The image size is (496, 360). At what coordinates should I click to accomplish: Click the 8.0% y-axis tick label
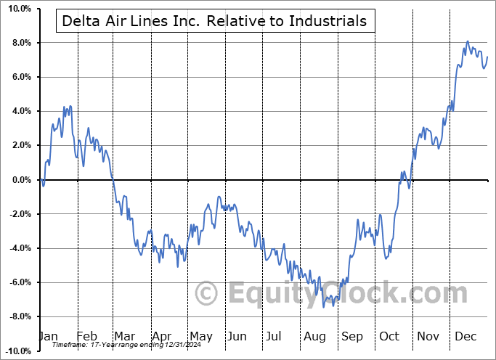[20, 43]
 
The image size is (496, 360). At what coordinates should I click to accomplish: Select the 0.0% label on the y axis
[20, 180]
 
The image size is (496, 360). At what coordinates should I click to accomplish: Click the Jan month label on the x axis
[47, 336]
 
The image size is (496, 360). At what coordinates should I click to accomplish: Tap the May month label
[200, 336]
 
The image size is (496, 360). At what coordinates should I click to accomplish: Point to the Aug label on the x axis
[314, 336]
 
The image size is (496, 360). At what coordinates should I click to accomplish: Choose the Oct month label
[389, 336]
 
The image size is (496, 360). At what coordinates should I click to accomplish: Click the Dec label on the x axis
[466, 336]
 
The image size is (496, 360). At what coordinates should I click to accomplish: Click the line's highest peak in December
[467, 41]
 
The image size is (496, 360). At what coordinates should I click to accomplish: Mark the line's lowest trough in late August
[324, 307]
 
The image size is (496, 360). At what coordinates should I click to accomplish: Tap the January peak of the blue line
[70, 106]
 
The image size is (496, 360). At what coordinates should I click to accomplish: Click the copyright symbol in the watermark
[207, 295]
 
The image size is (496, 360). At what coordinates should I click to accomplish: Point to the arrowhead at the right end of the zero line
[489, 179]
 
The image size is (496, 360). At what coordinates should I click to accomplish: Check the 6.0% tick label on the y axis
[20, 77]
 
